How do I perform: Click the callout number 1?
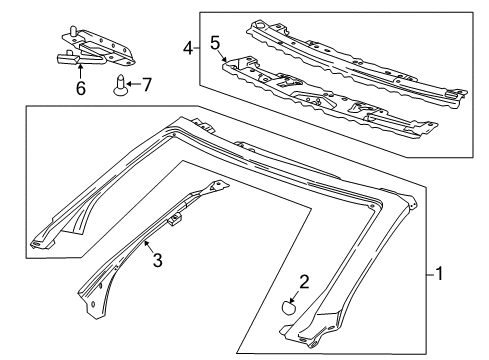pyautogui.click(x=441, y=272)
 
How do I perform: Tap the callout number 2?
pyautogui.click(x=292, y=284)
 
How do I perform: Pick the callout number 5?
pyautogui.click(x=214, y=43)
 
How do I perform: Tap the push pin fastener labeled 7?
pyautogui.click(x=121, y=83)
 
